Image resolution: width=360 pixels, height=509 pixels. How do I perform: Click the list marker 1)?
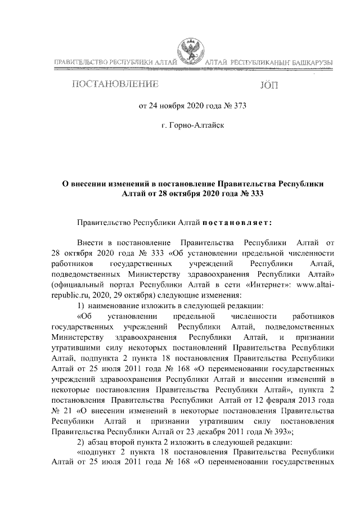pos(81,305)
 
